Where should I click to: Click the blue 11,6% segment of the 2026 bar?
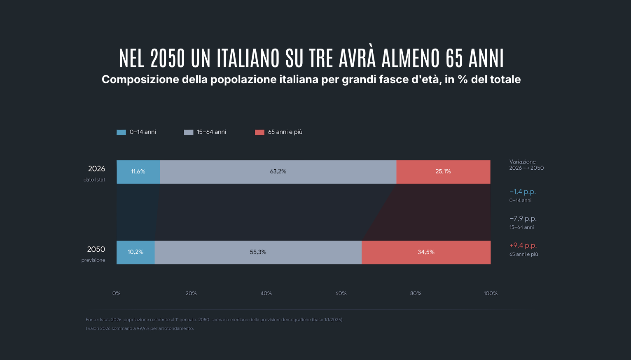[138, 172]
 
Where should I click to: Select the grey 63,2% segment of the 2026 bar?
[278, 172]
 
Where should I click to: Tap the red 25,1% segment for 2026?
[444, 172]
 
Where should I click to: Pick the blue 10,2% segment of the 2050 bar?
[136, 252]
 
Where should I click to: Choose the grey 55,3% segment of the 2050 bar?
[258, 252]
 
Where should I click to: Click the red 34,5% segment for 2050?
[426, 252]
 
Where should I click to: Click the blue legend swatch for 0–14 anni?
[121, 132]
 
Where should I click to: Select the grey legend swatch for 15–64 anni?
[189, 132]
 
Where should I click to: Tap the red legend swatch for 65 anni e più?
[260, 132]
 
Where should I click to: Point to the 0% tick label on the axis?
[116, 293]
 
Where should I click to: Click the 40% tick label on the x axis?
[266, 293]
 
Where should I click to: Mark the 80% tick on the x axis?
[416, 293]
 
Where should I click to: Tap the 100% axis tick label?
[491, 293]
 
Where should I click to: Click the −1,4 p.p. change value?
[523, 192]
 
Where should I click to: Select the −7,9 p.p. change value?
[523, 219]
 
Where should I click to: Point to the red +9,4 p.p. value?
[523, 245]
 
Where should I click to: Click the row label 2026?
[97, 169]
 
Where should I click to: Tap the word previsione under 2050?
[93, 260]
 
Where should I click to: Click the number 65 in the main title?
[454, 58]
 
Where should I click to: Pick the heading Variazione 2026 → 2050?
[526, 165]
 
